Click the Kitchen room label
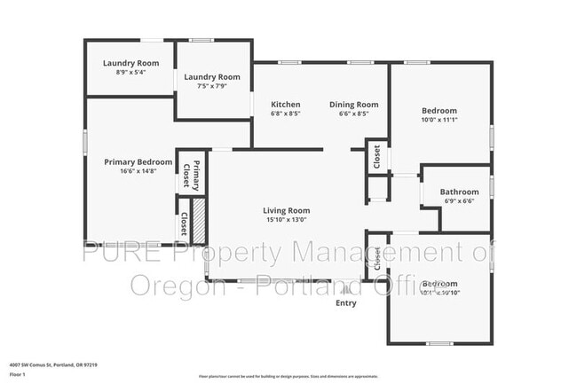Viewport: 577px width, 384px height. pos(286,105)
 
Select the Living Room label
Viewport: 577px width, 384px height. pos(286,210)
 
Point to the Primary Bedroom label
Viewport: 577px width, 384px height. pos(138,161)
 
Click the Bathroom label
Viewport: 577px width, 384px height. pos(459,192)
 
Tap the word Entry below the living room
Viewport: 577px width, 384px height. pos(345,303)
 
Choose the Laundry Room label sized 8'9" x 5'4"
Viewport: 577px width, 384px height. pos(130,63)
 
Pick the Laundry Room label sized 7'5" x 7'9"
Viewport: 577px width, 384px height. pos(212,77)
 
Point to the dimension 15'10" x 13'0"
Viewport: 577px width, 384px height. pos(286,220)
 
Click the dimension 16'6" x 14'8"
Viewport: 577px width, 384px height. pos(138,172)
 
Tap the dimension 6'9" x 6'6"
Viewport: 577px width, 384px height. pos(459,201)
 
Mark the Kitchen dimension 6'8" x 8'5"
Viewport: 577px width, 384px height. pos(286,114)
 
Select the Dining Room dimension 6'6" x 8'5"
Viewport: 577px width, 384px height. pos(352,114)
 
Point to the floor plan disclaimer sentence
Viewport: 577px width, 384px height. pos(288,376)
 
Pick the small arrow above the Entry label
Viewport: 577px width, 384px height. pos(345,289)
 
